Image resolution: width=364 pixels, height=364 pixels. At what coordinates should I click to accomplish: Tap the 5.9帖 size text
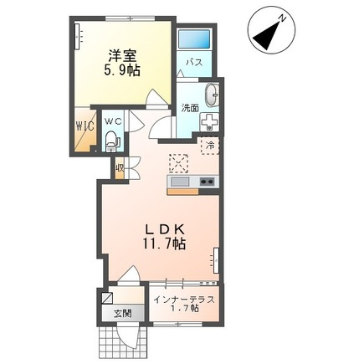(122, 71)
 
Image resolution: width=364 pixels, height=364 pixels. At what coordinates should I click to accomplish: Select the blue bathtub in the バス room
(194, 38)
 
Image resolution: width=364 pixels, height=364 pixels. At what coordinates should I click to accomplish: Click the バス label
(194, 62)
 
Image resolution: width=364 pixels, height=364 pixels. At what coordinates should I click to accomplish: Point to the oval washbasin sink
(213, 95)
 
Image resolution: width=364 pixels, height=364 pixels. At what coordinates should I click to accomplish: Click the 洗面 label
(190, 108)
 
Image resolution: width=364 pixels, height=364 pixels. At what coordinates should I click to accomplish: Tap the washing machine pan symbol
(209, 121)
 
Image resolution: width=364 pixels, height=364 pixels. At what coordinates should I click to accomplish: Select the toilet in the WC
(112, 141)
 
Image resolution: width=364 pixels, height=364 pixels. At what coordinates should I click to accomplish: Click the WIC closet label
(85, 127)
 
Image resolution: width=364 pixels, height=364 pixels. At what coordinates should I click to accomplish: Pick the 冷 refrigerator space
(210, 146)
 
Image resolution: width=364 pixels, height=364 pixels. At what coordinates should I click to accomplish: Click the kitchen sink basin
(180, 182)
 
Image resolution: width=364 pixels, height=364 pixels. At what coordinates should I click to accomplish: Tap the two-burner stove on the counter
(207, 182)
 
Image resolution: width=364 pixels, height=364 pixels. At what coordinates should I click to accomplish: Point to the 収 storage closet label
(120, 168)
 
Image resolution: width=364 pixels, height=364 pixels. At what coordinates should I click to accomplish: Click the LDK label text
(164, 230)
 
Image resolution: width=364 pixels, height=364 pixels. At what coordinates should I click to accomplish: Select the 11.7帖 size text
(165, 244)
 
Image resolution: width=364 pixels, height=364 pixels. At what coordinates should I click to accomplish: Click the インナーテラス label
(185, 300)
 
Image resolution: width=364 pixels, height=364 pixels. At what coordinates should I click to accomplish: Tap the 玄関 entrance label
(122, 314)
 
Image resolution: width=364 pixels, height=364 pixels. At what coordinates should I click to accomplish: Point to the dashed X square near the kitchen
(178, 163)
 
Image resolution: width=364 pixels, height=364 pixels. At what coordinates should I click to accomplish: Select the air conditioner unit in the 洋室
(79, 37)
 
